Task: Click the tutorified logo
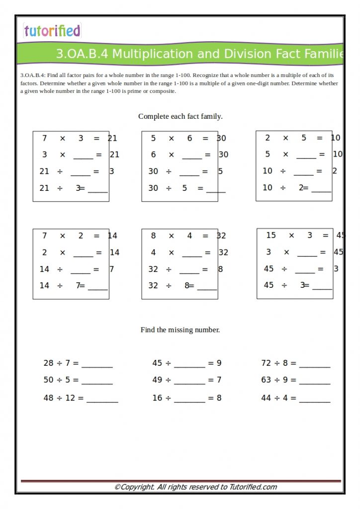[x=52, y=31]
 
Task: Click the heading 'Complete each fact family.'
[x=180, y=116]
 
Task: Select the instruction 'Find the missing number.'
[x=180, y=330]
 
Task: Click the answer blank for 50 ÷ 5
[x=97, y=382]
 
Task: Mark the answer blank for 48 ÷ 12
[x=102, y=400]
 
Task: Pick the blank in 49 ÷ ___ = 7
[x=189, y=382]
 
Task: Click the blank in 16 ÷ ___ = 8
[x=189, y=400]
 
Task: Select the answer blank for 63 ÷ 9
[x=315, y=382]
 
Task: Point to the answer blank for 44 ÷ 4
[x=315, y=400]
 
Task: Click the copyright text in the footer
[x=195, y=487]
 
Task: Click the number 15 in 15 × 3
[x=271, y=235]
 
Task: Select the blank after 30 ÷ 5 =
[x=216, y=190]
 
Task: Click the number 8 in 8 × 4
[x=153, y=236]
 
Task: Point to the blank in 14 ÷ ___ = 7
[x=81, y=271]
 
